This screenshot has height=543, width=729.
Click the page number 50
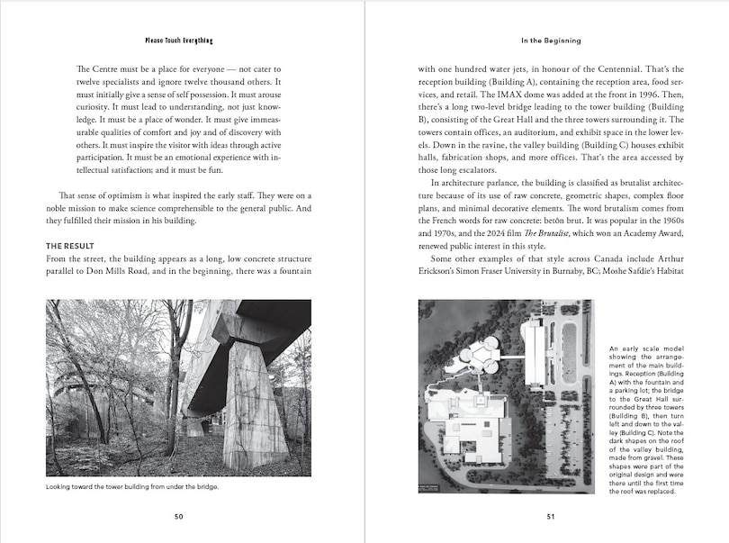point(178,516)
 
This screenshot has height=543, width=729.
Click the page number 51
point(551,516)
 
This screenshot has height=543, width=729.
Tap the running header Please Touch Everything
point(178,41)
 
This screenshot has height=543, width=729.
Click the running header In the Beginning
point(551,41)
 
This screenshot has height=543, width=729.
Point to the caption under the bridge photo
point(132,487)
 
